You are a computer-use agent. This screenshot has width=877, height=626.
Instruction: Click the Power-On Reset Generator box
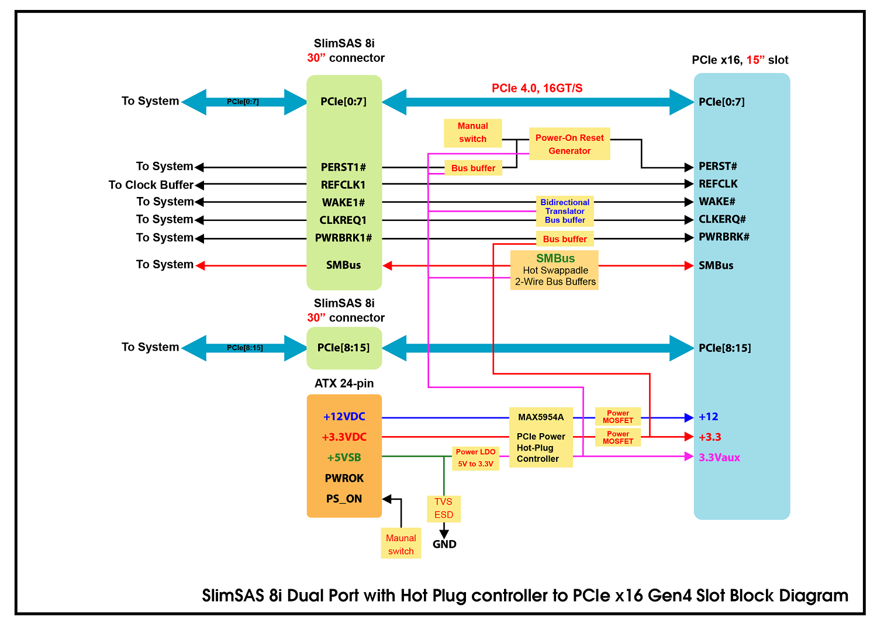(x=569, y=144)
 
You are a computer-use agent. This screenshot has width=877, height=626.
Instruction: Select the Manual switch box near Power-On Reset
(x=472, y=133)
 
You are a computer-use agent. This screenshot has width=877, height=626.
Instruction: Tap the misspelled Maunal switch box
(x=401, y=544)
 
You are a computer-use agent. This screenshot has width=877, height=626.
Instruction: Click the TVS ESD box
(x=444, y=509)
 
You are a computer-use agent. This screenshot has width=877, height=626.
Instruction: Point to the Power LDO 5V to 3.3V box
(x=476, y=458)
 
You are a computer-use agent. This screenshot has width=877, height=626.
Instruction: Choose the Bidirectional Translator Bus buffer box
(x=565, y=211)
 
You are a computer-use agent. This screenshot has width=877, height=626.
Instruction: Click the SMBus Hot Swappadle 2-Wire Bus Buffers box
(x=554, y=270)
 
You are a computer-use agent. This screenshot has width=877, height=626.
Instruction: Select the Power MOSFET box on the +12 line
(x=618, y=417)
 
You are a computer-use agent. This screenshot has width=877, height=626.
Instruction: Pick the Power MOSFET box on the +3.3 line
(x=618, y=437)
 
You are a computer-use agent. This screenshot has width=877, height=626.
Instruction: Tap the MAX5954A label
(x=541, y=417)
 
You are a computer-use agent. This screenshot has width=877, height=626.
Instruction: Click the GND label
(x=444, y=544)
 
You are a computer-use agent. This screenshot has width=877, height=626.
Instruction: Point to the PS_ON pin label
(x=344, y=499)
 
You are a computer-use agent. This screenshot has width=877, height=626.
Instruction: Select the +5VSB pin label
(x=344, y=457)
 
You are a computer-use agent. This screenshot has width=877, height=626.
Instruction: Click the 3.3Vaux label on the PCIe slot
(x=719, y=457)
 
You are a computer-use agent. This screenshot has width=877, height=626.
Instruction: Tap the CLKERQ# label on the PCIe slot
(x=722, y=219)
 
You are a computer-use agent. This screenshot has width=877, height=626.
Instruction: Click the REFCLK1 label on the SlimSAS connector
(x=343, y=185)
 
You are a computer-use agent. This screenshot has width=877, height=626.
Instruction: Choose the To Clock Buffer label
(x=151, y=185)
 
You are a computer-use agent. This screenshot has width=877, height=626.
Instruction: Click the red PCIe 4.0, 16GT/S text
(x=537, y=88)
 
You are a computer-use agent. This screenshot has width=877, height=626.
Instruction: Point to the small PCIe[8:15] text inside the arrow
(x=245, y=348)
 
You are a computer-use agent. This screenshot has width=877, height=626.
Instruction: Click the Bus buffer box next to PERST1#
(x=474, y=168)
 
